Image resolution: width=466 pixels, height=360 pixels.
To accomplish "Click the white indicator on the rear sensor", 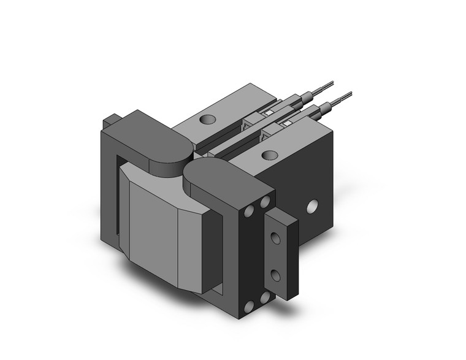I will [268, 113].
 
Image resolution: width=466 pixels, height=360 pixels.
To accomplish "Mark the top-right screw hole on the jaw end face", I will [265, 201].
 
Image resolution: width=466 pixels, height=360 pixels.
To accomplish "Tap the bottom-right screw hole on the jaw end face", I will [265, 297].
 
